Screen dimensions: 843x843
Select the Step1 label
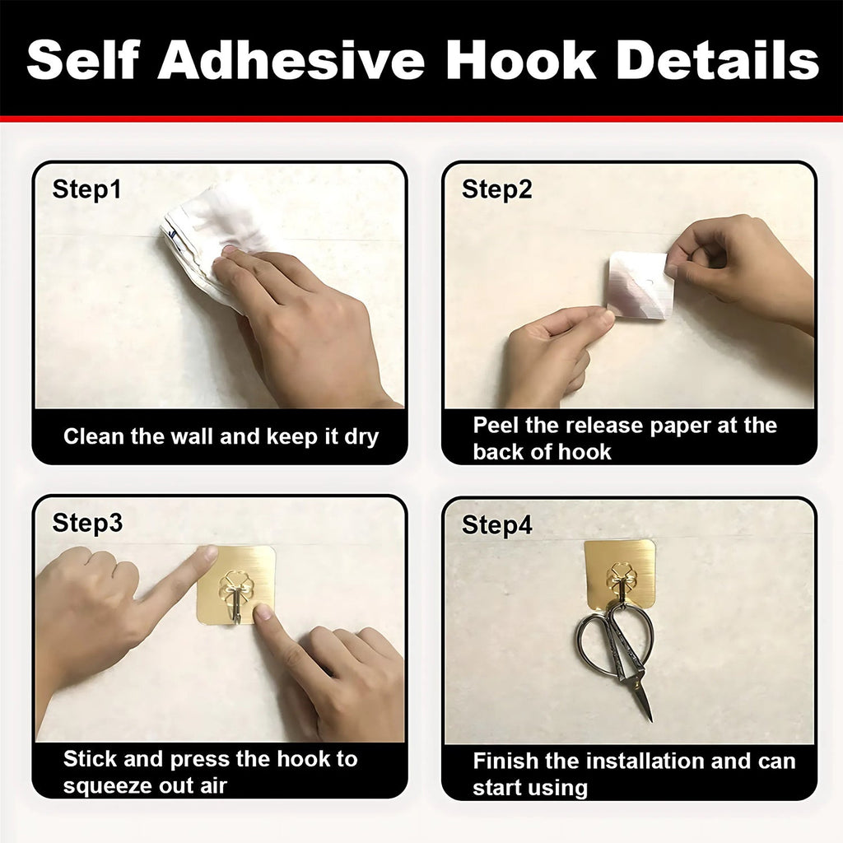tap(86, 189)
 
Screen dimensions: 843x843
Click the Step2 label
tap(496, 189)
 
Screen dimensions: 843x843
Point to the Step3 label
tap(86, 523)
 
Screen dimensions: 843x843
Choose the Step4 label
tap(496, 525)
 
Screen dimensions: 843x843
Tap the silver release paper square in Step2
tap(640, 284)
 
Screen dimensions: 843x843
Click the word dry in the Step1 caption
tap(361, 436)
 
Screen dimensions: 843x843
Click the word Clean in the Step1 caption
tap(91, 436)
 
